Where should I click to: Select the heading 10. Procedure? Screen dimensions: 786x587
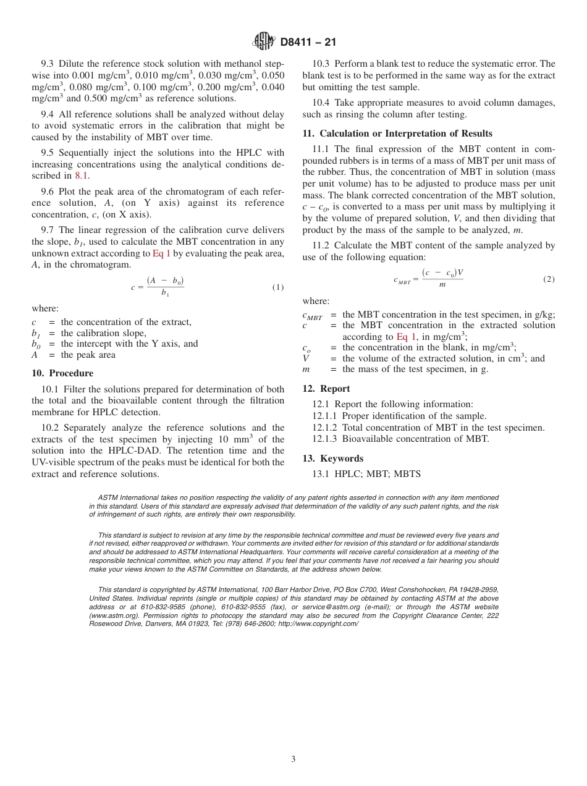62,373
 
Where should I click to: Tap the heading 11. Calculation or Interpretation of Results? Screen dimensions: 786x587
397,133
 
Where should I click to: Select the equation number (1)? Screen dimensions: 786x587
278,287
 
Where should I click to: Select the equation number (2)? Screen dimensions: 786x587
549,279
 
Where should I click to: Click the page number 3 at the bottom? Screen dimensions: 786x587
293,759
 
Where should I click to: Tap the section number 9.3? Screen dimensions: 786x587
48,64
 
